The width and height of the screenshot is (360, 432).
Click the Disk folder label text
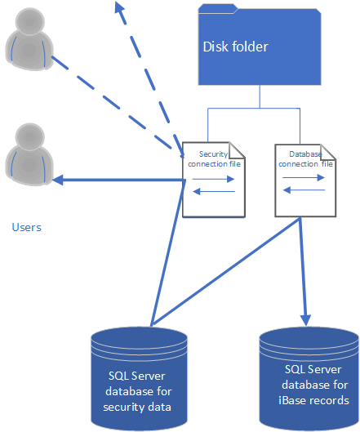tap(235, 47)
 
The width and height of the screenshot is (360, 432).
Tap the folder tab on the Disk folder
tap(218, 8)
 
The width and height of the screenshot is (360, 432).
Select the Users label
tap(26, 227)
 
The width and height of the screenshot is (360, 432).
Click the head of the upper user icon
tap(29, 21)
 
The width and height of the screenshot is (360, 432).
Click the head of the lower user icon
tap(29, 137)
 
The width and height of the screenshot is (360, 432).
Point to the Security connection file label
tap(214, 159)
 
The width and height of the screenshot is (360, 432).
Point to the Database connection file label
tap(305, 159)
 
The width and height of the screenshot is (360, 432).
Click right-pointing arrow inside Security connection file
tap(213, 179)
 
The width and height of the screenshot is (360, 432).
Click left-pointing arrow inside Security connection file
tap(214, 191)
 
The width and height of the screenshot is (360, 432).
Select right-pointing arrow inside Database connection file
tap(304, 178)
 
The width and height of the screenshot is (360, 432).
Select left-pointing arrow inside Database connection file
tap(304, 189)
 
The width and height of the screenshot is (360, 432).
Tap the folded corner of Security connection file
tap(237, 150)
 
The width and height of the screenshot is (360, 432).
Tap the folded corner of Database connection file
tap(328, 152)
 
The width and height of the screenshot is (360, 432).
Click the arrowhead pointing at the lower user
tap(58, 180)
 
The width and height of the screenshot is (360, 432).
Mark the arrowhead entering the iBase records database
tap(306, 320)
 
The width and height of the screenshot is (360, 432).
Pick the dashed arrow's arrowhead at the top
tap(119, 7)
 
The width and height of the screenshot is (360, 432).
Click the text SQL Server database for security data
tap(138, 391)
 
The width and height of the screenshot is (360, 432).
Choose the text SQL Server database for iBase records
tap(314, 385)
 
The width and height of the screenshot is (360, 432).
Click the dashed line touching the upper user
tap(111, 103)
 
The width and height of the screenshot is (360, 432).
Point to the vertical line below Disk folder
tap(260, 96)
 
